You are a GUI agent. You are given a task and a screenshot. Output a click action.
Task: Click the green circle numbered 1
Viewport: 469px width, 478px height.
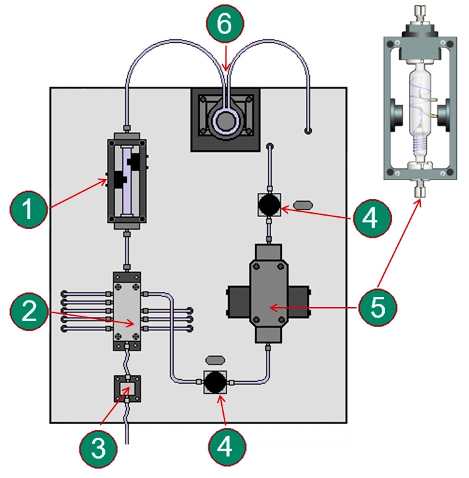point(29,210)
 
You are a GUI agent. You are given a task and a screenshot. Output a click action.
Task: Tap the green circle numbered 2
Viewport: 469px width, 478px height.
point(29,311)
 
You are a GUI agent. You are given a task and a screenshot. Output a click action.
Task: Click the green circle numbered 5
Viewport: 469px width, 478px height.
point(377,307)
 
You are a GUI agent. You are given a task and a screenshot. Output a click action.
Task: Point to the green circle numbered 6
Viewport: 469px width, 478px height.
point(225,24)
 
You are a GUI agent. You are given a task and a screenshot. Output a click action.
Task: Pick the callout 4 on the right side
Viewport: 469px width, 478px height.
point(372,218)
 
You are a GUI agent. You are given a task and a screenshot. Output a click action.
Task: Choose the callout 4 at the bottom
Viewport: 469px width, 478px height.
point(227,447)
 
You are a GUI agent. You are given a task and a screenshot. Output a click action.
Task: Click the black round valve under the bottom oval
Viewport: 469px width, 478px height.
point(215,382)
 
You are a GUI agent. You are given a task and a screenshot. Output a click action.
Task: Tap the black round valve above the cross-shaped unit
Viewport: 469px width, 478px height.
point(269,204)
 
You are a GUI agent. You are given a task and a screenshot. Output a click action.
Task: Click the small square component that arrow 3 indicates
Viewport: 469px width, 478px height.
point(127,389)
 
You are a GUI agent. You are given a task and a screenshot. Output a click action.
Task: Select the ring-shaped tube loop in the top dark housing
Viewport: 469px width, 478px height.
point(226,122)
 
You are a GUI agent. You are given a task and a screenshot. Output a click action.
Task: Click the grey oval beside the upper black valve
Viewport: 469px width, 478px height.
point(303,205)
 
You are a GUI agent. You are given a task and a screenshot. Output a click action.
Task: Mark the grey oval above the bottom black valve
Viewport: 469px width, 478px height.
point(215,361)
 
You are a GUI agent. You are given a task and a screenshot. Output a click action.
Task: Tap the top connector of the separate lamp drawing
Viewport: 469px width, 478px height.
point(420,15)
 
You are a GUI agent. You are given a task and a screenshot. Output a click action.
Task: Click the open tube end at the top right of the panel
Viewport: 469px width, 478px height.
point(308,131)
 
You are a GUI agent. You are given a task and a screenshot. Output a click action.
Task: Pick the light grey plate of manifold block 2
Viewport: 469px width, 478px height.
point(127,311)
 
